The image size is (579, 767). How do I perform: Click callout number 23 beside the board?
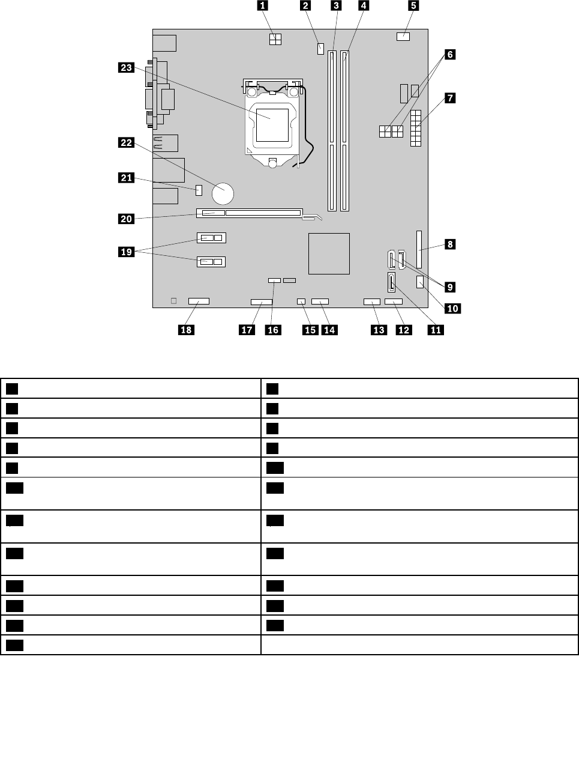pyautogui.click(x=126, y=68)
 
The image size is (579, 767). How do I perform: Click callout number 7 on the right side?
pyautogui.click(x=449, y=97)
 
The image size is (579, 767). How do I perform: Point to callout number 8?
pyautogui.click(x=449, y=244)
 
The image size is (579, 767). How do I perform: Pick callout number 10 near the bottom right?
pyautogui.click(x=451, y=308)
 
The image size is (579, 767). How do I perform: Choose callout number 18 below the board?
pyautogui.click(x=186, y=329)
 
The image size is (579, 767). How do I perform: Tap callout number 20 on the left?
pyautogui.click(x=126, y=219)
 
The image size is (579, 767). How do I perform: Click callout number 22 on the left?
pyautogui.click(x=126, y=142)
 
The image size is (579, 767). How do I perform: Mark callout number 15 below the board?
pyautogui.click(x=310, y=329)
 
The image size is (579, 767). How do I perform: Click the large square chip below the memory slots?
pyautogui.click(x=329, y=253)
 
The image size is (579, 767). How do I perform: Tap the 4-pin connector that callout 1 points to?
pyautogui.click(x=275, y=40)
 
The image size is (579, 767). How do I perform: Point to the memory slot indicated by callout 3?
pyautogui.click(x=332, y=131)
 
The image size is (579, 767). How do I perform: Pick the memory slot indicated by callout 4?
pyautogui.click(x=345, y=131)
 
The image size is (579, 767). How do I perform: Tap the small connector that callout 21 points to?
pyautogui.click(x=199, y=190)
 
